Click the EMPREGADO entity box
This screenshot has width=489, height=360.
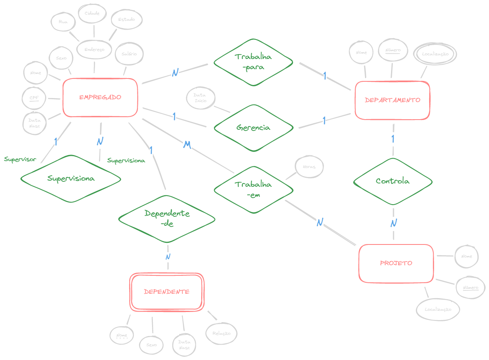[100, 98]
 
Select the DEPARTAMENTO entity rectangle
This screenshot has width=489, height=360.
[392, 100]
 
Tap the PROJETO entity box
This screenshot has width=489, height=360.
[396, 263]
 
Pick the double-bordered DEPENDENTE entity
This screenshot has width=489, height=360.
[167, 292]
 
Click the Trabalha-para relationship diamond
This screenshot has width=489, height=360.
[253, 62]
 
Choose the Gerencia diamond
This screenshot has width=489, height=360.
[253, 128]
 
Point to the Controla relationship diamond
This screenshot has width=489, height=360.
[393, 181]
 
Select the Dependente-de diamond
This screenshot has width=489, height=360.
[167, 218]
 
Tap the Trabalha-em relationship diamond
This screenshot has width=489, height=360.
[253, 189]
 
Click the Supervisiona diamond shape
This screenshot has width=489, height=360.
[71, 179]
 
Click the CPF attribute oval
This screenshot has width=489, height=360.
[34, 98]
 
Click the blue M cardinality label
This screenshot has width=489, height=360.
[187, 145]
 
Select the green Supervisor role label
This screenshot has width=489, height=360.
[20, 159]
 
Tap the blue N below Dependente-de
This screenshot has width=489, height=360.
[167, 257]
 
